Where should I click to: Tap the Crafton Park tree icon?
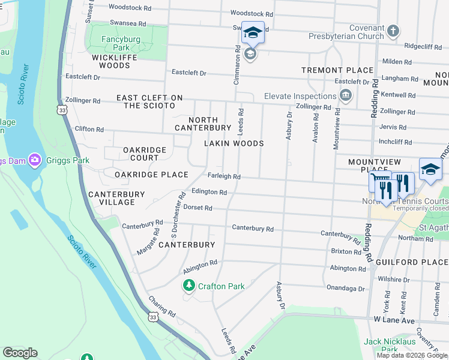(189, 286)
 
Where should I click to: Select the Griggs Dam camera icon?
(34, 160)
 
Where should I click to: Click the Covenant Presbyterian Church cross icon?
(393, 31)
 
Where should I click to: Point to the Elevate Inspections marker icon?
(346, 95)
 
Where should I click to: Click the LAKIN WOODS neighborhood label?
(234, 144)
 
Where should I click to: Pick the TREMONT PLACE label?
(337, 70)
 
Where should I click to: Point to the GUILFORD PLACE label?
(412, 262)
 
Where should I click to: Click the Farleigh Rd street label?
(224, 177)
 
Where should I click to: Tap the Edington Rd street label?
(209, 192)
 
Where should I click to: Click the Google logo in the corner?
(20, 353)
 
